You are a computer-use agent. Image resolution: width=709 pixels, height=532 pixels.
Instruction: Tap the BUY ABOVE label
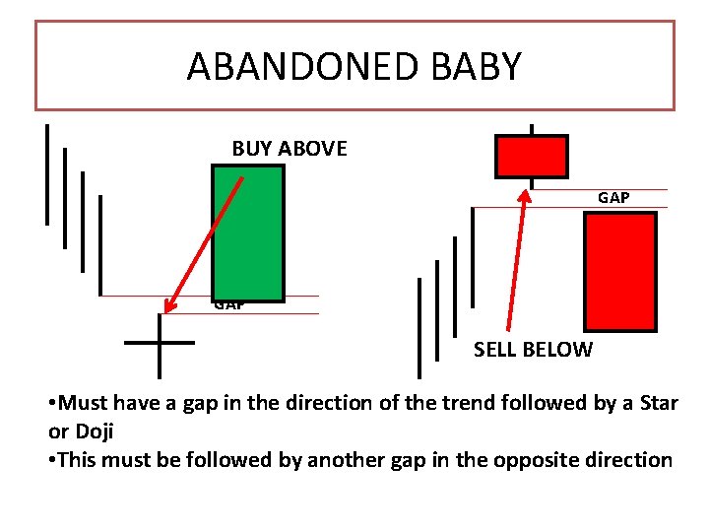tap(290, 149)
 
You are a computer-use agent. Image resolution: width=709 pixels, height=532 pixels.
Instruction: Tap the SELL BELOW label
tap(533, 349)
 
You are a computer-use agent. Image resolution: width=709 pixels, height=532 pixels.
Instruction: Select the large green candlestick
tap(247, 233)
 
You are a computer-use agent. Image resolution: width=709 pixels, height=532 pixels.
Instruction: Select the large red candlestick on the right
tap(619, 271)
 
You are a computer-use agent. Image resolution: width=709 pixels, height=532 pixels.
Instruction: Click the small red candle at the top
tap(531, 157)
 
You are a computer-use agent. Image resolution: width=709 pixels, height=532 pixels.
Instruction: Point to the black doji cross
tap(160, 343)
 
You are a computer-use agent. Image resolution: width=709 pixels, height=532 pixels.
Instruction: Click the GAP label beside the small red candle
tap(613, 198)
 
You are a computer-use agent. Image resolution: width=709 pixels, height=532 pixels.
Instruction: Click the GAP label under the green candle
tap(228, 305)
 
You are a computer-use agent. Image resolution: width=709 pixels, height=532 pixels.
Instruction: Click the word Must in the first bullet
tap(83, 403)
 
